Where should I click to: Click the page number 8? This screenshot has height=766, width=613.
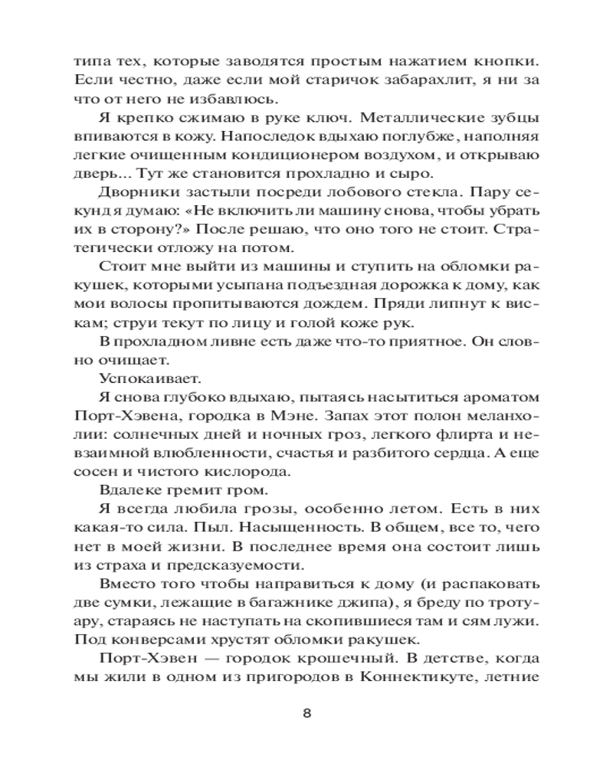point(306,713)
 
